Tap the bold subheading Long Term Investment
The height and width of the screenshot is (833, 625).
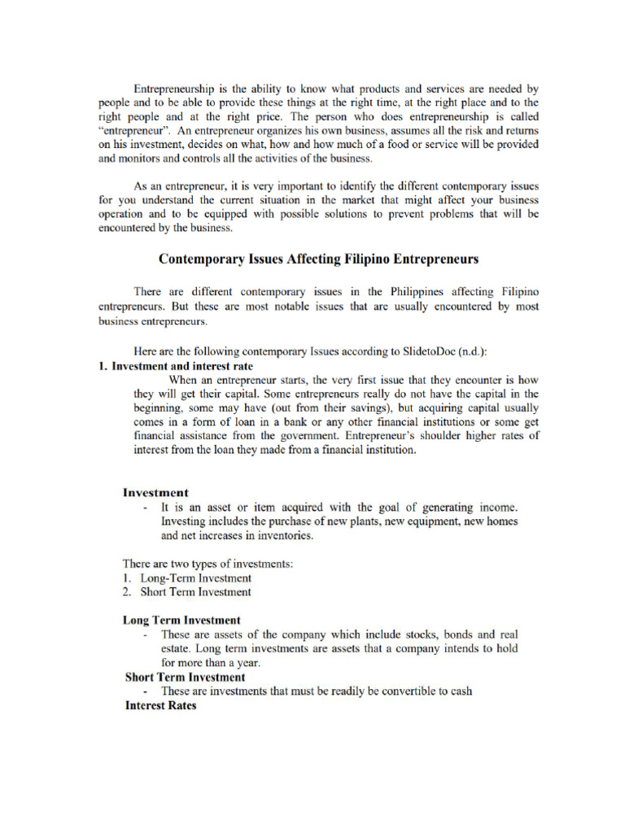click(181, 620)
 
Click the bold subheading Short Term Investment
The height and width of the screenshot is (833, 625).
click(185, 677)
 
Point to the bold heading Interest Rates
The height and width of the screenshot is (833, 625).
click(160, 705)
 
